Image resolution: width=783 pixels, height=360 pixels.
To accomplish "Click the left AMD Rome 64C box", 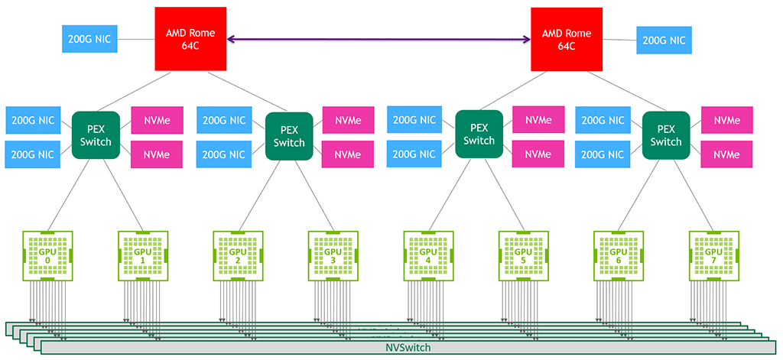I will coord(190,40).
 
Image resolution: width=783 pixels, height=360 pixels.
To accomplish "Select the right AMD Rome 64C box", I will coord(567,40).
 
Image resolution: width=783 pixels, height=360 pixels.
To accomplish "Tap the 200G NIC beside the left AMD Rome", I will coord(89,39).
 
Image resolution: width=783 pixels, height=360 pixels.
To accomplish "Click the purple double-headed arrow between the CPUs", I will coord(379,40).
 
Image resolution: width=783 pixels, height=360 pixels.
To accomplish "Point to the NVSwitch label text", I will coord(408,348).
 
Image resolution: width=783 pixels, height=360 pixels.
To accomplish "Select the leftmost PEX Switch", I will coord(96,135).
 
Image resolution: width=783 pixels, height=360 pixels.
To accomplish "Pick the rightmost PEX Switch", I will coord(666,135).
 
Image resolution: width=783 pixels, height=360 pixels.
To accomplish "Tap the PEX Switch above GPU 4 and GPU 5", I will coord(479,135).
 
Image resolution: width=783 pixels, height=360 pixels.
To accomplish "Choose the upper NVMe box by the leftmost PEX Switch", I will coord(157,120).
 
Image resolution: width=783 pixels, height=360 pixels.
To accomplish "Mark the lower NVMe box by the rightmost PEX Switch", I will coord(727,155).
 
